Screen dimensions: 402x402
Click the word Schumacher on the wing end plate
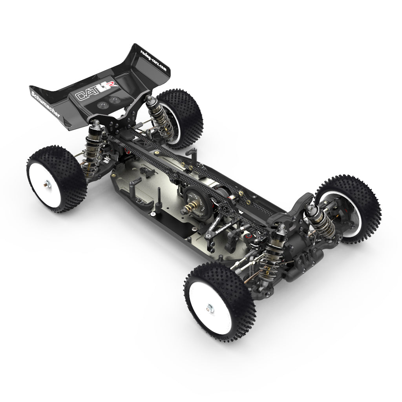(x=45, y=104)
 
